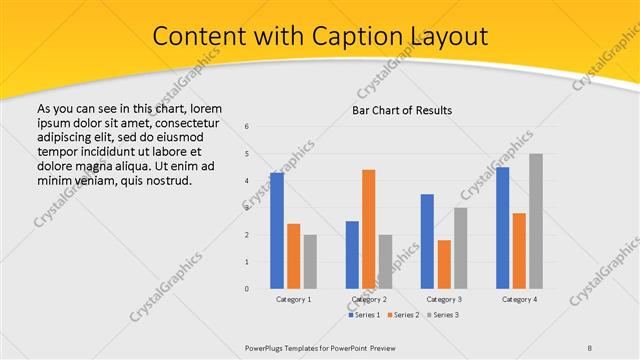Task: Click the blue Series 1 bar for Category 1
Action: (x=277, y=231)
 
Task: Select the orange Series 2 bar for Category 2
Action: (x=369, y=229)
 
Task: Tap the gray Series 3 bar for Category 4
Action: (x=536, y=221)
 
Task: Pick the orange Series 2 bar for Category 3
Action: (x=444, y=264)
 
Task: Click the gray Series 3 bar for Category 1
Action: (x=310, y=262)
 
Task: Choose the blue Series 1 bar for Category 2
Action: (x=352, y=255)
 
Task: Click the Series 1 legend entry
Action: (x=364, y=315)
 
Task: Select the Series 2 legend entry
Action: (x=404, y=315)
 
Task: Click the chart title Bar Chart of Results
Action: (x=402, y=109)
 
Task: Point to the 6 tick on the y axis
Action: (x=247, y=127)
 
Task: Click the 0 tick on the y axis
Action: (x=247, y=289)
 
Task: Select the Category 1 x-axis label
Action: (x=293, y=299)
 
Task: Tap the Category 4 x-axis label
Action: (x=519, y=299)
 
